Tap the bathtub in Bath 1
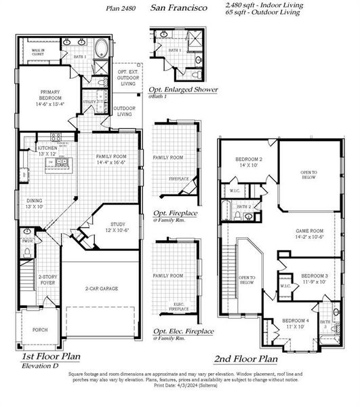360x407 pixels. tap(100, 50)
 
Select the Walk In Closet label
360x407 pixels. tap(37, 50)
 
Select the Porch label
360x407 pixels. tap(40, 332)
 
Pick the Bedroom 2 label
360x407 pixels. tap(249, 162)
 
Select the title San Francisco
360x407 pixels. tap(174, 8)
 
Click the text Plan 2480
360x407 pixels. tap(122, 8)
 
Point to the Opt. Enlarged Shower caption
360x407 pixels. tap(183, 90)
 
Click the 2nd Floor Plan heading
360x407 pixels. tap(245, 359)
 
